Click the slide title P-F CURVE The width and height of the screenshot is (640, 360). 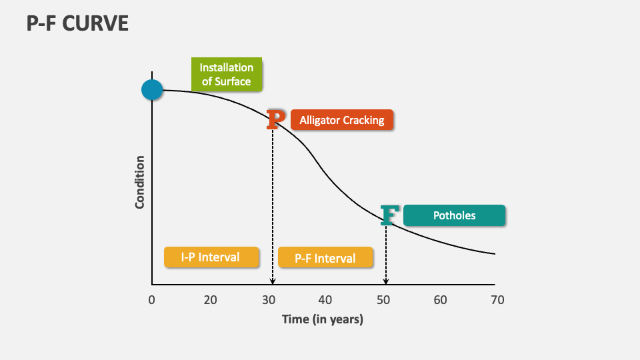77,25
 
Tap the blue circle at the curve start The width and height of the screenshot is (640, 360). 152,89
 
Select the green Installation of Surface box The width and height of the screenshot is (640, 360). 227,75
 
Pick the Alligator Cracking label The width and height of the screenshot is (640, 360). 342,120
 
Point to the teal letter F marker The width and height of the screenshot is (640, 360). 389,215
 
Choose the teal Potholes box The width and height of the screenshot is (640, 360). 454,215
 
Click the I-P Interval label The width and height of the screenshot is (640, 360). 211,257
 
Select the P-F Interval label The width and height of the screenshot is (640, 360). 325,258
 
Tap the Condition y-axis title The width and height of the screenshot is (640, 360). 140,182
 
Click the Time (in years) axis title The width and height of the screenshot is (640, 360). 323,319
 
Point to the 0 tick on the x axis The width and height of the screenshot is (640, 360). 152,300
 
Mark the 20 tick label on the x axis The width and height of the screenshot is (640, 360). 210,300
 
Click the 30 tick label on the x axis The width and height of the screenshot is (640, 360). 268,300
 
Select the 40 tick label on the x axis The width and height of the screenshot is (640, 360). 325,300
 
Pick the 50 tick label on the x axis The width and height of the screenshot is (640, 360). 383,300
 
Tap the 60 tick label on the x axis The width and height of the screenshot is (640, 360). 440,300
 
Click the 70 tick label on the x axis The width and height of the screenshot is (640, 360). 497,300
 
